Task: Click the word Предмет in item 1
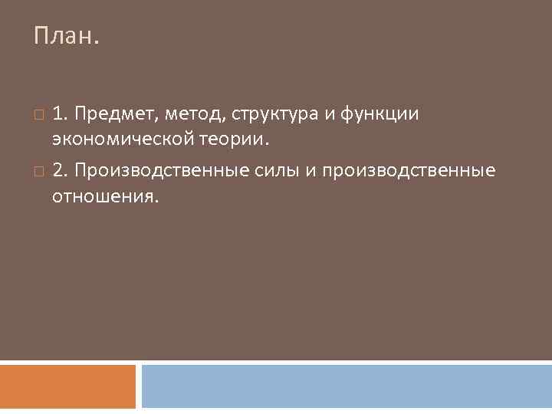(115, 115)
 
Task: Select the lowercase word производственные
(409, 169)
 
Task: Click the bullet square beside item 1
(39, 115)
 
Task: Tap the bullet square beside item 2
(39, 169)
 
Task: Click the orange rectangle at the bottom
(67, 386)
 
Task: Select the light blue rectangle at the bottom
(347, 386)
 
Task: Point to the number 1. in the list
(59, 115)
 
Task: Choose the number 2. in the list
(60, 169)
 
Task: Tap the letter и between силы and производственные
(312, 169)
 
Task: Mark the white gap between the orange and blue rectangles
(139, 386)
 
